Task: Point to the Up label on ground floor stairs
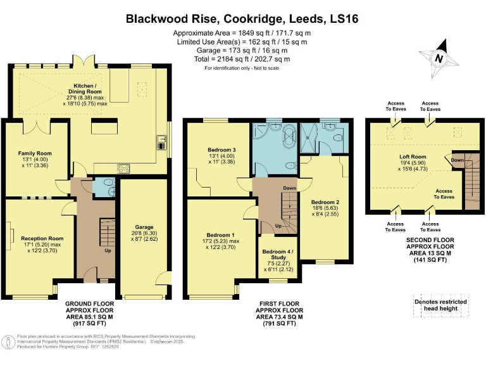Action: click(106, 250)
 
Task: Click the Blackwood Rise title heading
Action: click(242, 19)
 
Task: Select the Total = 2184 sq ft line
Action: click(242, 59)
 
